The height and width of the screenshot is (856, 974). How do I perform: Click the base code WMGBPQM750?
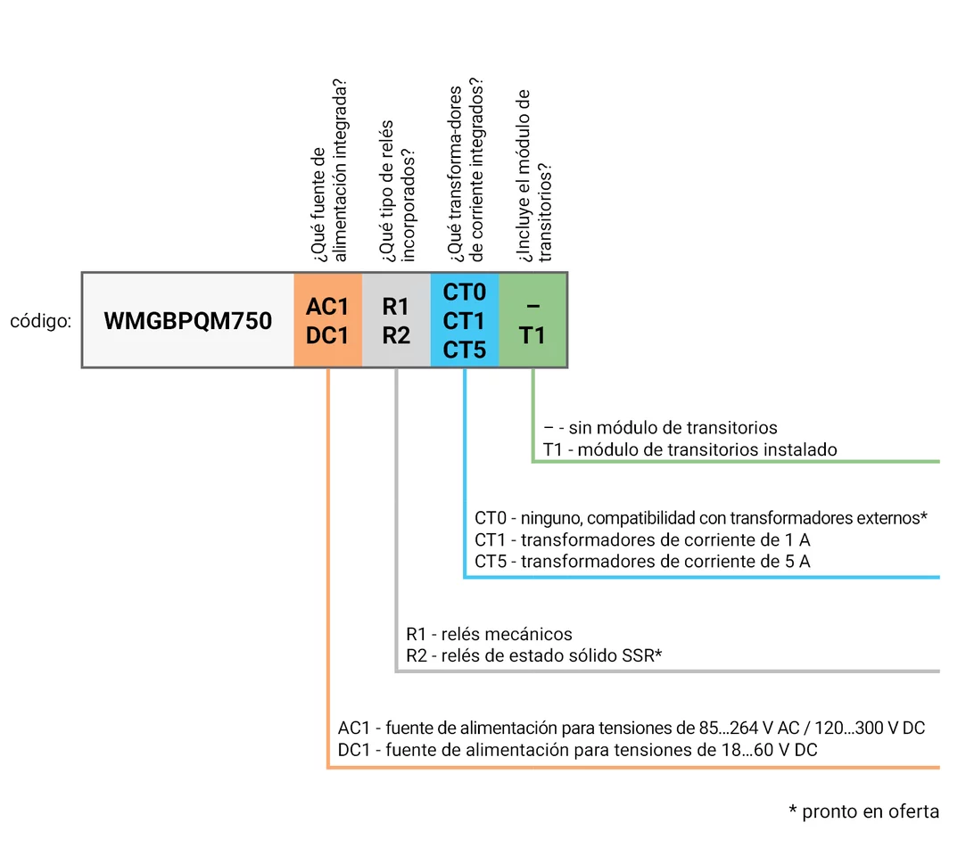click(x=188, y=320)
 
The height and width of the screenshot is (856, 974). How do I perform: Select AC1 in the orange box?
click(x=327, y=306)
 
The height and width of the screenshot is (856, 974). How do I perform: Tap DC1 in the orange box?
click(x=327, y=335)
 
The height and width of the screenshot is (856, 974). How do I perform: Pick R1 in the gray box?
click(x=395, y=306)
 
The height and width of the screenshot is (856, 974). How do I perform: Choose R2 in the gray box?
click(x=395, y=335)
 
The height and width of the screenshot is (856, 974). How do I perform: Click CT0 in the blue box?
click(x=464, y=292)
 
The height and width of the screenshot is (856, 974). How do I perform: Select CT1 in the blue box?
click(x=464, y=320)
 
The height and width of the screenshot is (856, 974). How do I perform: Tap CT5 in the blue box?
click(x=464, y=350)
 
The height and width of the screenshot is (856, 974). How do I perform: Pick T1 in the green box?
click(x=532, y=335)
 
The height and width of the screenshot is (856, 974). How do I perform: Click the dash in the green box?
click(x=532, y=306)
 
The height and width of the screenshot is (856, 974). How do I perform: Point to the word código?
click(x=40, y=321)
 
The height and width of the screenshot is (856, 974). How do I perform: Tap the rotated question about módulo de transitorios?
click(x=533, y=175)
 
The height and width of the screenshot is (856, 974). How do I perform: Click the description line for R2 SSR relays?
click(x=533, y=656)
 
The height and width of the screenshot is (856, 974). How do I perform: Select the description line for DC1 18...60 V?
click(x=578, y=750)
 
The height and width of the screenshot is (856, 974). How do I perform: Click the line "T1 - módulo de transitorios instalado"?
click(x=689, y=449)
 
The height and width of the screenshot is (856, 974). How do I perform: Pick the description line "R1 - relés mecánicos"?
click(x=489, y=634)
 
